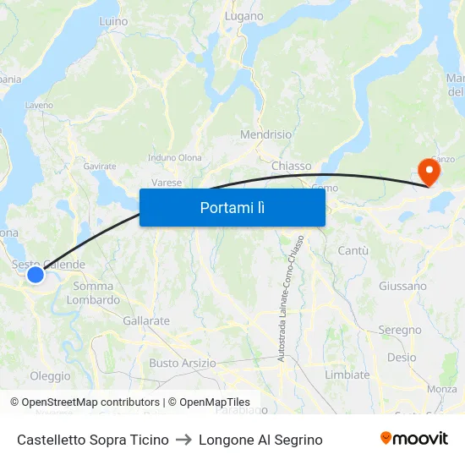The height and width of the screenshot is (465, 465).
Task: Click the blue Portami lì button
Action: pyautogui.click(x=232, y=207)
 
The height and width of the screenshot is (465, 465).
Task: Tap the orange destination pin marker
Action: pyautogui.click(x=429, y=172)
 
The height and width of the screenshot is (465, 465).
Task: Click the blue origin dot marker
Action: pyautogui.click(x=36, y=275)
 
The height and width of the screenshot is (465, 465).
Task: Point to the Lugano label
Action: pyautogui.click(x=244, y=16)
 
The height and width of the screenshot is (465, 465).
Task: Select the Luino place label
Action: pyautogui.click(x=113, y=20)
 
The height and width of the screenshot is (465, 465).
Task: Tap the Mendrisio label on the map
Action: pyautogui.click(x=265, y=134)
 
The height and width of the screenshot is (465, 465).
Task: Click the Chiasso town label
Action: pyautogui.click(x=291, y=166)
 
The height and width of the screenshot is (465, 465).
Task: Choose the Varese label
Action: pyautogui.click(x=167, y=182)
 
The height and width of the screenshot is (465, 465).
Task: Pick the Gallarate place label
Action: pyautogui.click(x=146, y=321)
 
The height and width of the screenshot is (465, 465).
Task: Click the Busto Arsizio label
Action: pyautogui.click(x=182, y=363)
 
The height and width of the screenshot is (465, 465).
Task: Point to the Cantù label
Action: pyautogui.click(x=353, y=251)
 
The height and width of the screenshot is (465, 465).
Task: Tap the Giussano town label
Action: pyautogui.click(x=402, y=286)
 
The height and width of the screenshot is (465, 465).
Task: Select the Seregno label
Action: pyautogui.click(x=399, y=330)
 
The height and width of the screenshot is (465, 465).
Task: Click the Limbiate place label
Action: pyautogui.click(x=347, y=375)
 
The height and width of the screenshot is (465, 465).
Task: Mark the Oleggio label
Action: pyautogui.click(x=50, y=375)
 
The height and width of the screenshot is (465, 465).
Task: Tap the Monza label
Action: pyautogui.click(x=441, y=389)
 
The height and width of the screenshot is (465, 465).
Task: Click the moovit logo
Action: pyautogui.click(x=413, y=438)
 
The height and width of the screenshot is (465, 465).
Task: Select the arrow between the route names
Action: pyautogui.click(x=183, y=440)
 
